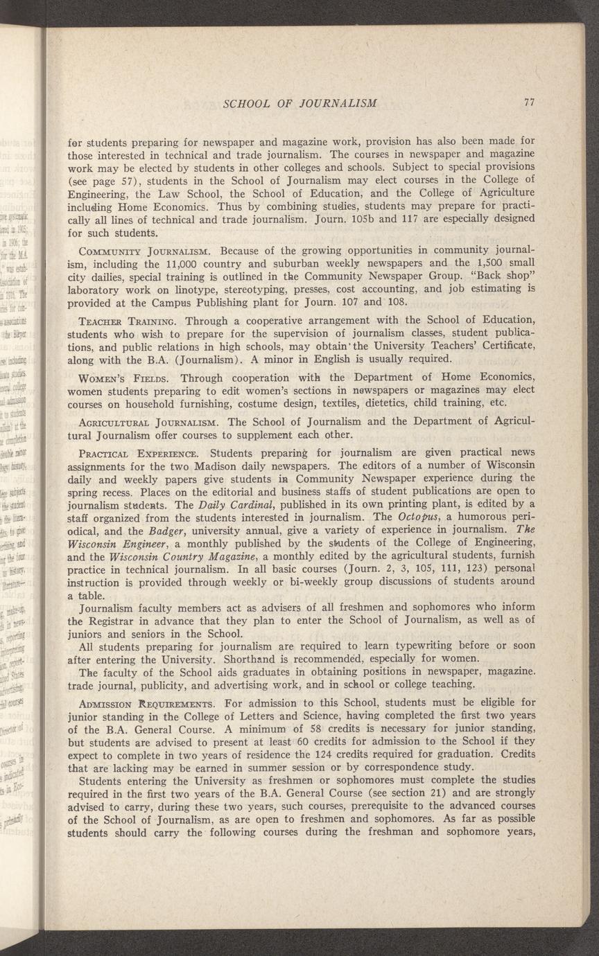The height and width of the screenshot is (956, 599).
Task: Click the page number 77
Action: [528, 103]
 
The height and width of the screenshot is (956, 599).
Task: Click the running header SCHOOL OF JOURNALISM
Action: [300, 103]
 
